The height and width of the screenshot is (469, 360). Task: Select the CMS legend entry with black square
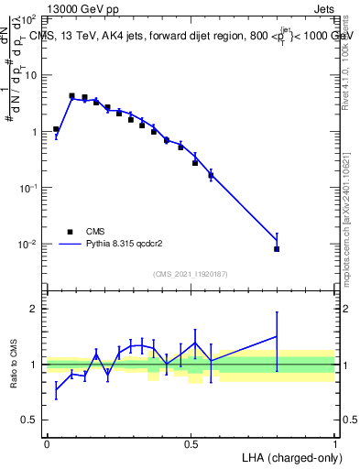(x=71, y=232)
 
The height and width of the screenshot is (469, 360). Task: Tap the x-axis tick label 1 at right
(x=334, y=444)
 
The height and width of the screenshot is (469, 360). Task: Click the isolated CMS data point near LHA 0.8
(x=277, y=249)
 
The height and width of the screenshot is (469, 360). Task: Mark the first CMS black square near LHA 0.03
(x=56, y=129)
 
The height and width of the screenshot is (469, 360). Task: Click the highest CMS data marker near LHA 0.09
(x=71, y=95)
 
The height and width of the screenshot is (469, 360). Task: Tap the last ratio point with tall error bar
(x=277, y=336)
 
